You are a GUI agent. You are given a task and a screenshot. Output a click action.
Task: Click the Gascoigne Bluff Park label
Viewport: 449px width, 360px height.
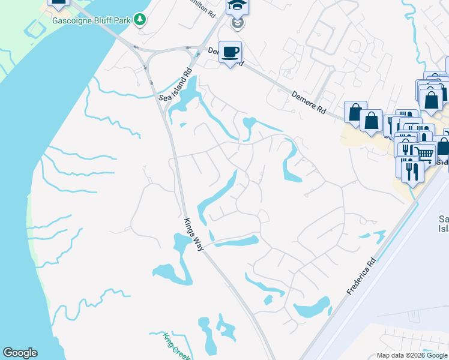tap(91, 19)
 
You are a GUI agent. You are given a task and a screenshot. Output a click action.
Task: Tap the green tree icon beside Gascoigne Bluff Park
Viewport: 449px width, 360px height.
tap(140, 19)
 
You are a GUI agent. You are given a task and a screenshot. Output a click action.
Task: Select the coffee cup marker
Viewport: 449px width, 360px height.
tap(230, 52)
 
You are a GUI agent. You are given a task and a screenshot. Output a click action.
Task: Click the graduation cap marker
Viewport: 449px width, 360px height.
tap(237, 6)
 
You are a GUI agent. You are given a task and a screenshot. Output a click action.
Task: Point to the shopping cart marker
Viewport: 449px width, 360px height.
tap(425, 154)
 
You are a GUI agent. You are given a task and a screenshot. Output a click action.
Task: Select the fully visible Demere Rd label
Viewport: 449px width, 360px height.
tap(309, 103)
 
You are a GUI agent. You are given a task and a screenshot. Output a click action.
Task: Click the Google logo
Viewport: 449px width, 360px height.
tap(20, 353)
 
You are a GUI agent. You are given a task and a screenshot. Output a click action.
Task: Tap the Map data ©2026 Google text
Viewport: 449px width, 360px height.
tap(412, 355)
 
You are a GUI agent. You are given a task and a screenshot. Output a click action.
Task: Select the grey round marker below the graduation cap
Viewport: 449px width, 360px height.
tap(238, 23)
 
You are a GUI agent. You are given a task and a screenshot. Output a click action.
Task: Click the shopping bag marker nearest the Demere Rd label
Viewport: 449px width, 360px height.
tap(355, 112)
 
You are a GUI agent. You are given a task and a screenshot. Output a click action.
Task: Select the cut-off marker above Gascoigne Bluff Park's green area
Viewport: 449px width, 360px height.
tap(58, 3)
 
